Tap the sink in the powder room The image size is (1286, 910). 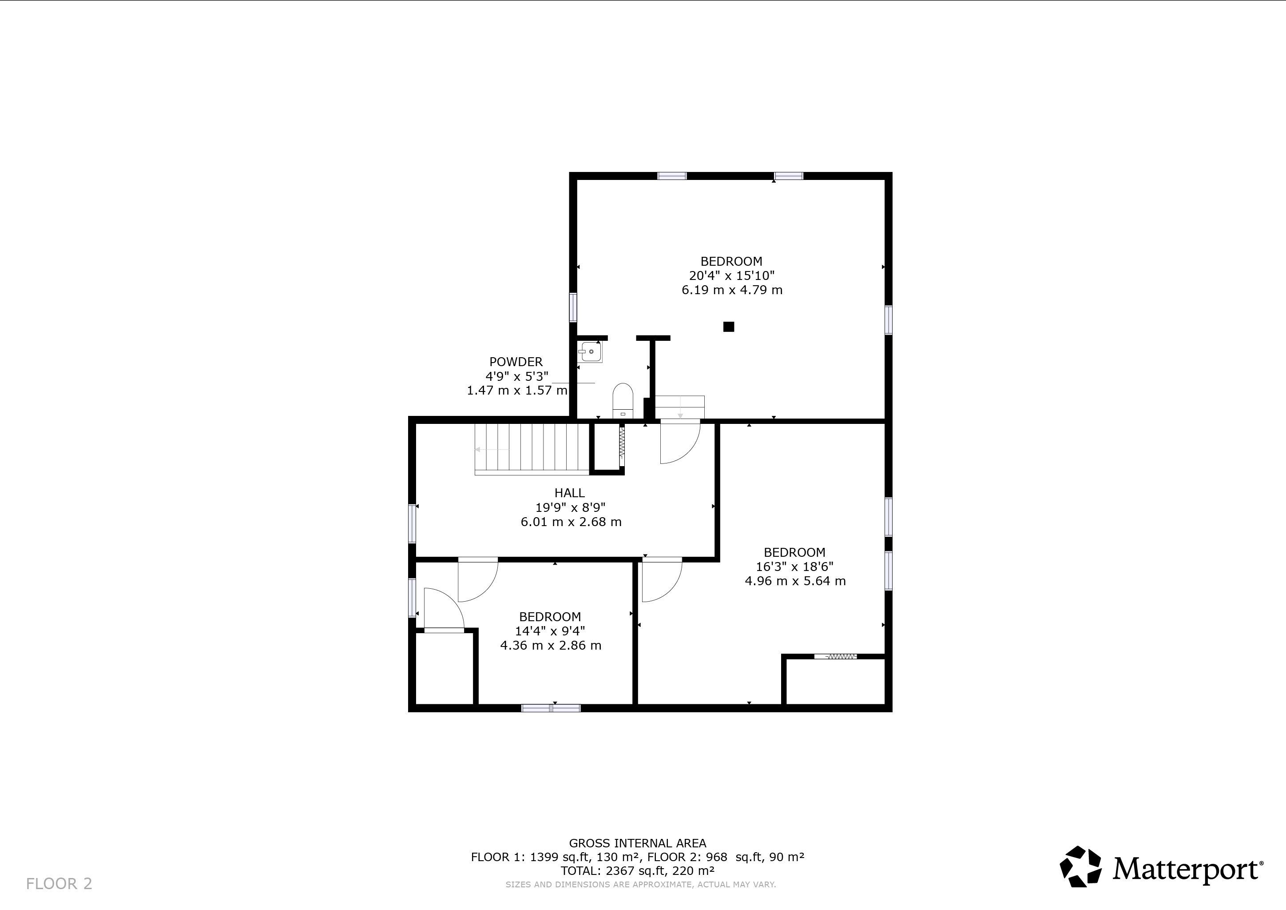(590, 352)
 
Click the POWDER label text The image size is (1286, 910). (516, 362)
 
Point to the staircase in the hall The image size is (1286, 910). (532, 449)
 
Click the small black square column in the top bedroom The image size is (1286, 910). (728, 327)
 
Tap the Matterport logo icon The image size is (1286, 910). (1080, 867)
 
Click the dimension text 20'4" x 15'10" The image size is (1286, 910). (731, 275)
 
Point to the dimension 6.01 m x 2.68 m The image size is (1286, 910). (571, 522)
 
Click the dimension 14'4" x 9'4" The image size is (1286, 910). (550, 631)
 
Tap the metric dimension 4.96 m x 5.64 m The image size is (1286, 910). (795, 581)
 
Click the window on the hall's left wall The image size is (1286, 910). (412, 523)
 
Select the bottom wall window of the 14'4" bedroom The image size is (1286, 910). (551, 708)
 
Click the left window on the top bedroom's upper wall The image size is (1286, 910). (671, 176)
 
